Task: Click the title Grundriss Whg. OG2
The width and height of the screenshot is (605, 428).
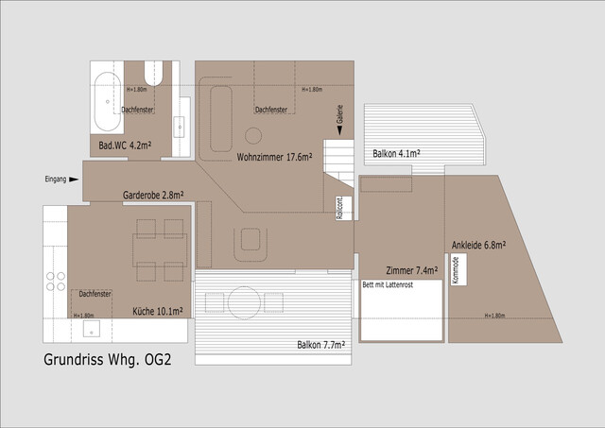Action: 108,360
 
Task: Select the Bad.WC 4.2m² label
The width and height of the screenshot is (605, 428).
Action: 126,146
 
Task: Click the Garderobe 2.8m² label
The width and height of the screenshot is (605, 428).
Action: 152,196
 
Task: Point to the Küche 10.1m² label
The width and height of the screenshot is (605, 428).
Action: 157,310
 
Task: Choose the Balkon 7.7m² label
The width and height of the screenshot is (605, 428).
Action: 320,345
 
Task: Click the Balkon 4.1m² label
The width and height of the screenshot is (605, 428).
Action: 396,152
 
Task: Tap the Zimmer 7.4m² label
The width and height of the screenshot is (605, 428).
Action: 412,270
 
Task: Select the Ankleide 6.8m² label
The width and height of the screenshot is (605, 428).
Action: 478,245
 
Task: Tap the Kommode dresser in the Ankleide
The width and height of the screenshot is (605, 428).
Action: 456,271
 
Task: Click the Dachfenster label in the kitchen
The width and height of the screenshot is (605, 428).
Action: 95,295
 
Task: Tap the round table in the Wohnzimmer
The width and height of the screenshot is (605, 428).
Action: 253,134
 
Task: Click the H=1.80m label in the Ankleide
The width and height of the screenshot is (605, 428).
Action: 494,316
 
